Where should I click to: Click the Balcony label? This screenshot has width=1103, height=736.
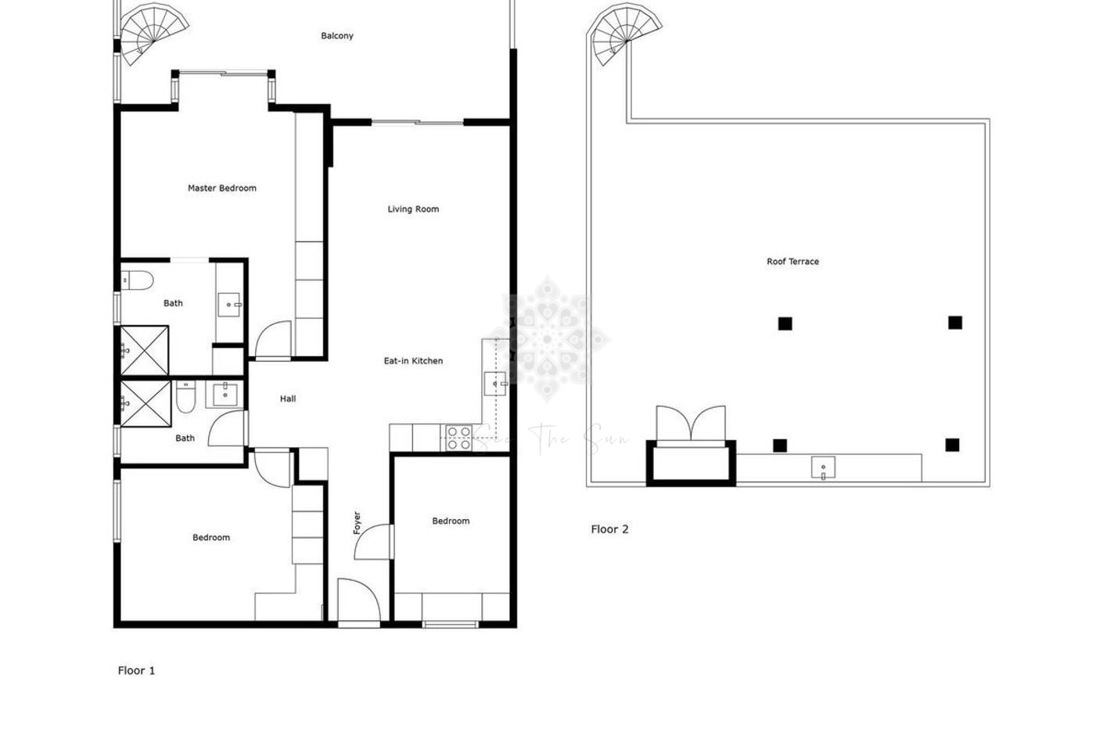(x=337, y=36)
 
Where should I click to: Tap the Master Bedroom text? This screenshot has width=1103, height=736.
(x=221, y=188)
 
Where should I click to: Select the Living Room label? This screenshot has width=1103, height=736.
(x=413, y=209)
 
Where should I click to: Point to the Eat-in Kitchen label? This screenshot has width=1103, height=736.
(x=413, y=361)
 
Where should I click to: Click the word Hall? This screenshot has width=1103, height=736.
(x=288, y=399)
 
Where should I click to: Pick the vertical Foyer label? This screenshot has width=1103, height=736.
(x=357, y=523)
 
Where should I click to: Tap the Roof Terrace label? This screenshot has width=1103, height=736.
(x=792, y=262)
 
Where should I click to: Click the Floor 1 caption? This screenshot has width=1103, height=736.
(x=136, y=670)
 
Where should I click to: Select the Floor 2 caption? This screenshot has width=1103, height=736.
(x=609, y=529)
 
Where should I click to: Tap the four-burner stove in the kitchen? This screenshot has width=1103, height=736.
(x=458, y=438)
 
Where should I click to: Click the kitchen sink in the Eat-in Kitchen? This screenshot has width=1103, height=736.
(x=495, y=384)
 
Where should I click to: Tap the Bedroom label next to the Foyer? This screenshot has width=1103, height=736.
(x=451, y=521)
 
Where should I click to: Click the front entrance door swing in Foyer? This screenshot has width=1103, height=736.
(x=357, y=600)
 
